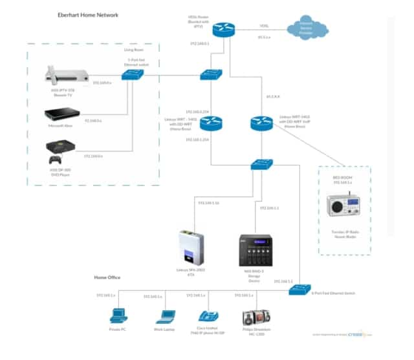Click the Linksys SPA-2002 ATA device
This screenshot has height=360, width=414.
[190, 245]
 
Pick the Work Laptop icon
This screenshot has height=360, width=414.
[165, 316]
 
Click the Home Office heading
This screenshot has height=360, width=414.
[107, 277]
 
